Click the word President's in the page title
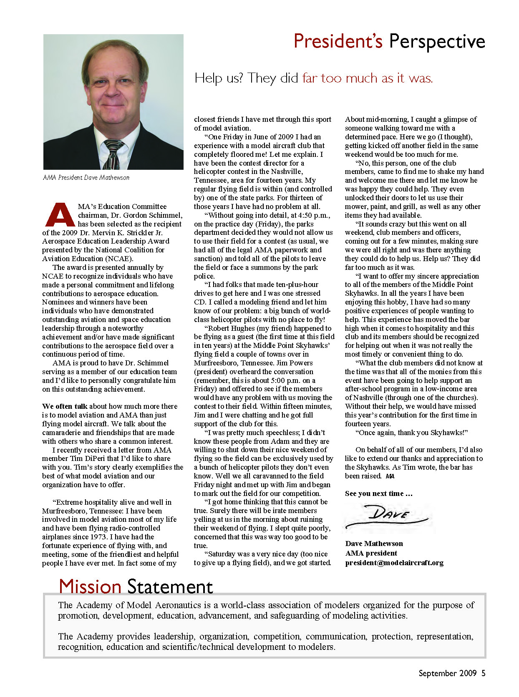[338, 41]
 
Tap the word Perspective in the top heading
[437, 42]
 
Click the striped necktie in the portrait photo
[113, 154]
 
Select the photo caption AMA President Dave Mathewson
[86, 178]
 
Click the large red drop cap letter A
[59, 215]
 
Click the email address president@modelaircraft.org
[394, 563]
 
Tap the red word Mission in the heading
[90, 586]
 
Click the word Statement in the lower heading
[170, 586]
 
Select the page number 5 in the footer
[483, 673]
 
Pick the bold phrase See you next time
[378, 493]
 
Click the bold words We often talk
[65, 406]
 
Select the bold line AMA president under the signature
[371, 553]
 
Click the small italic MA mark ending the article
[390, 476]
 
